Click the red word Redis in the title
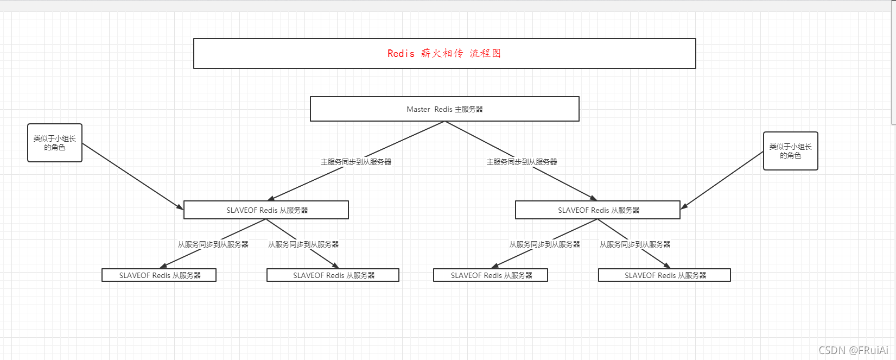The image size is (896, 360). (x=401, y=53)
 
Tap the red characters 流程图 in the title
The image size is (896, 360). (x=485, y=53)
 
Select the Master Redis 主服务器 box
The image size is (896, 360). (x=444, y=109)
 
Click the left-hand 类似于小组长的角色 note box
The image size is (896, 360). (x=55, y=143)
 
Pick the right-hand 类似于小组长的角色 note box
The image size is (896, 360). (x=790, y=151)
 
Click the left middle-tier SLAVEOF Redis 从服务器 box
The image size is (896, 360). (x=266, y=210)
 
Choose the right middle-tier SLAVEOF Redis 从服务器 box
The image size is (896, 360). (x=598, y=210)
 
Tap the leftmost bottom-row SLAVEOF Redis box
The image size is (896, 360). (x=159, y=275)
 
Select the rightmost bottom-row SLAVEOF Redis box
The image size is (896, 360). (x=664, y=275)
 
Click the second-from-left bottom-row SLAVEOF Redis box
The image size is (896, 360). (x=333, y=275)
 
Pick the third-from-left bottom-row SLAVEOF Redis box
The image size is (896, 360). (x=491, y=275)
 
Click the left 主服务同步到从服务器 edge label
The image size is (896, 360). (x=356, y=162)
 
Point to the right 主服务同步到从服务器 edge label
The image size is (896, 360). (x=522, y=162)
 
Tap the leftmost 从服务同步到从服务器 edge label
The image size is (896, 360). (x=213, y=244)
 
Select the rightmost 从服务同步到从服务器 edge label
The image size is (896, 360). (x=635, y=244)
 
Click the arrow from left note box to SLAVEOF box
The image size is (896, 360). (x=133, y=176)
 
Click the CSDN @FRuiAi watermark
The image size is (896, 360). (x=853, y=350)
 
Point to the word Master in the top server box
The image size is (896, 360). (x=418, y=109)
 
